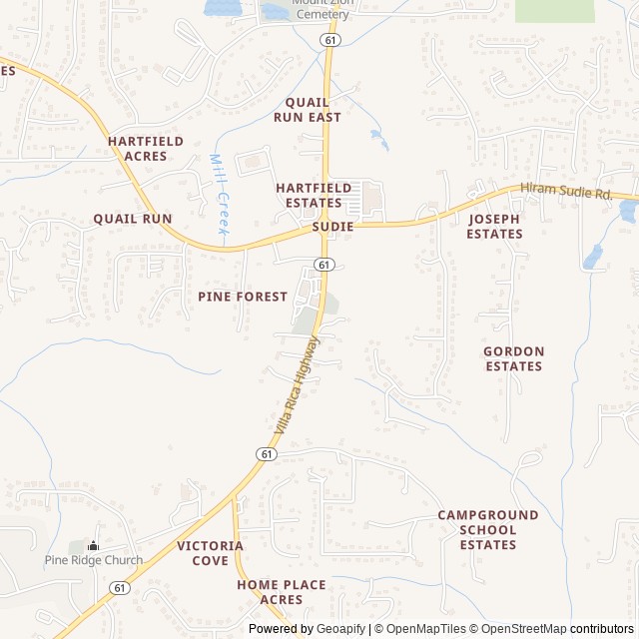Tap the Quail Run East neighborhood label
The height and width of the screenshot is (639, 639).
point(314,110)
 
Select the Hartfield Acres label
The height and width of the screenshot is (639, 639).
point(146,149)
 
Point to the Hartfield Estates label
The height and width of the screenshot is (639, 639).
point(314,195)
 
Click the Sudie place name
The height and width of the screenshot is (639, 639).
point(332,227)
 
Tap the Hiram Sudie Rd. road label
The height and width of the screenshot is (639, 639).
point(566,193)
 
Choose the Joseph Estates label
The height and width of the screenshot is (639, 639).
point(494,227)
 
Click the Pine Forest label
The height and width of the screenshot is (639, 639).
point(243,297)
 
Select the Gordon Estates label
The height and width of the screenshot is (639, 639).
point(513,358)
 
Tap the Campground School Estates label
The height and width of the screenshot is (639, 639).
point(488,530)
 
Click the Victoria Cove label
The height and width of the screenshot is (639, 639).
point(210,553)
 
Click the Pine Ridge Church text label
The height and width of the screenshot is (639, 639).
point(93,560)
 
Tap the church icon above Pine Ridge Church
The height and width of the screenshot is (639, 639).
point(94,545)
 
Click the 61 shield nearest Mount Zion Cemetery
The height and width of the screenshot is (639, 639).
point(329,39)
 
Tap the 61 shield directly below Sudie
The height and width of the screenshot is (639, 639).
point(323,264)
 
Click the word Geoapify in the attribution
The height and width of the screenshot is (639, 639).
point(342,629)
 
